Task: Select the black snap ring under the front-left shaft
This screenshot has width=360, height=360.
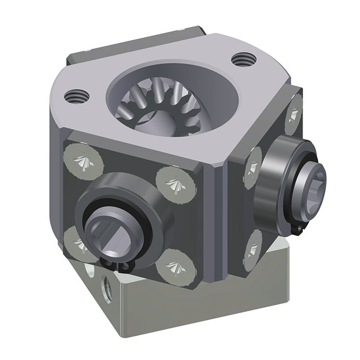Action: pos(116,262)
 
